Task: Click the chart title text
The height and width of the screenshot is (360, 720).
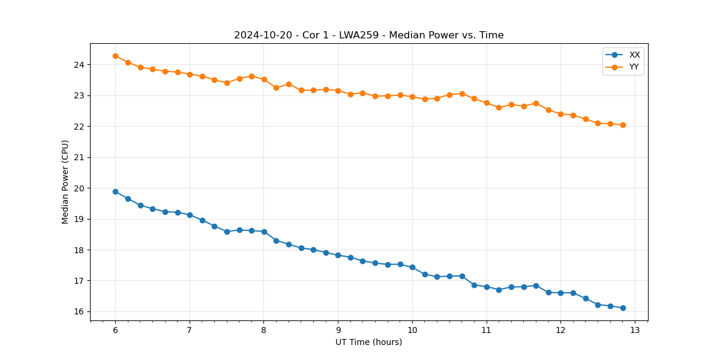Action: tap(368, 35)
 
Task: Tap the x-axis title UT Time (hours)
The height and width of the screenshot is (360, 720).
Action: tap(368, 342)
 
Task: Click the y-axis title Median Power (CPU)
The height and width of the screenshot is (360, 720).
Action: tap(65, 182)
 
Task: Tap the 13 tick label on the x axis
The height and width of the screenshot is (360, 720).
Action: tap(635, 330)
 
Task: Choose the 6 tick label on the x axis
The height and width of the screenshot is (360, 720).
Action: tap(115, 330)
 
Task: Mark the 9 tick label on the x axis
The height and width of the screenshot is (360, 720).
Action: tap(338, 330)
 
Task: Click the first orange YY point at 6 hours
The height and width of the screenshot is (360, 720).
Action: tap(115, 56)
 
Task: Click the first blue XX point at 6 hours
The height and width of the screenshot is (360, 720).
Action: tap(115, 191)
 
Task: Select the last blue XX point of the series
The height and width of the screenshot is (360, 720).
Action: tap(623, 308)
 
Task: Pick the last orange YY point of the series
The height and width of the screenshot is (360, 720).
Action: tap(623, 125)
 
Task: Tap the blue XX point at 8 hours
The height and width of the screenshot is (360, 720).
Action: tap(264, 232)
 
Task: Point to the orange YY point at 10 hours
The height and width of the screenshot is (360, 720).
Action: tap(412, 97)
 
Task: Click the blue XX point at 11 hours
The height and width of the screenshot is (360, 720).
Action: tap(487, 287)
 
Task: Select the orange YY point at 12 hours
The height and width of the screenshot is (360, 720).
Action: tap(560, 114)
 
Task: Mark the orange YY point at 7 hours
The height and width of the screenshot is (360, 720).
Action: tap(190, 74)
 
